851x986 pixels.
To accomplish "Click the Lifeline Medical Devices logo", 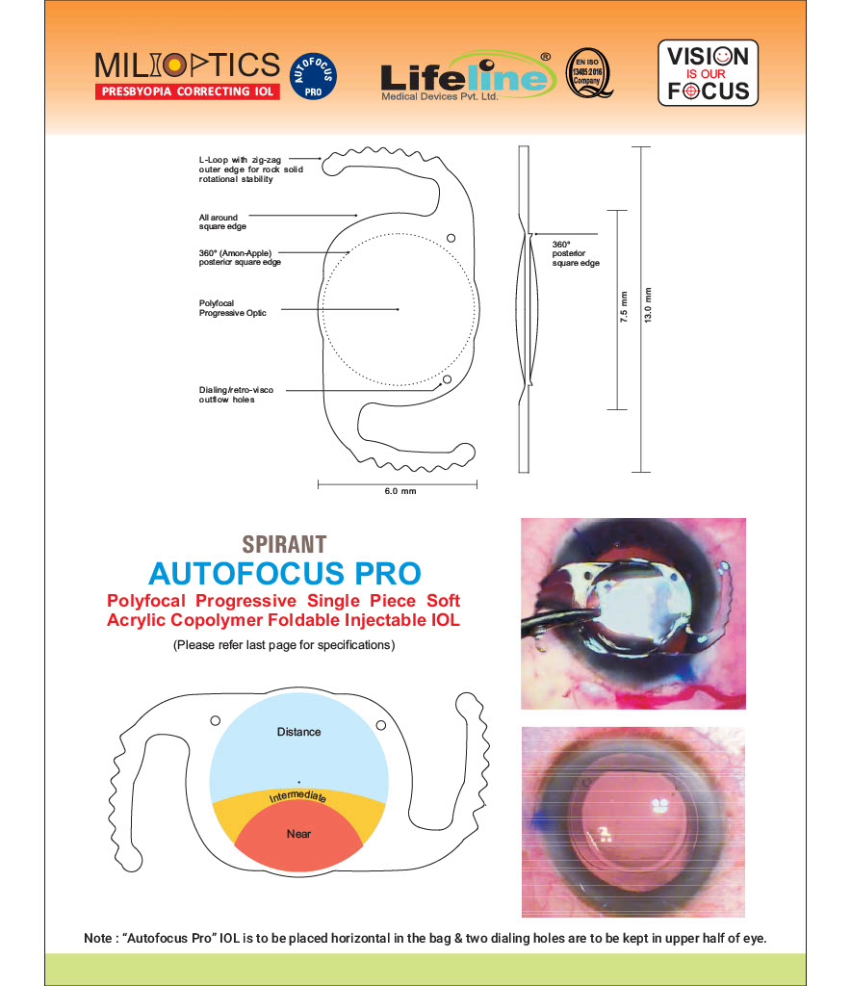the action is (x=468, y=77).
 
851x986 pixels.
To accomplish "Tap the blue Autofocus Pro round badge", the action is (x=313, y=76).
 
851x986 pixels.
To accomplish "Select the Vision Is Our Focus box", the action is (x=708, y=73).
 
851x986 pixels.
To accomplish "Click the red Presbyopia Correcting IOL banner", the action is (x=188, y=91).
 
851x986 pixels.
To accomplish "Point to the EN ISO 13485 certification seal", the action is (x=588, y=73).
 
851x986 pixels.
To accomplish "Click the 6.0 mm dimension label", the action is (x=400, y=491).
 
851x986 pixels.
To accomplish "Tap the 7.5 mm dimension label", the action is (x=624, y=307).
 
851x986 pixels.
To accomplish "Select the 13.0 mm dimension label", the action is (x=647, y=305).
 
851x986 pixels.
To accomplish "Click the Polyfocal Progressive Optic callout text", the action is (x=233, y=308).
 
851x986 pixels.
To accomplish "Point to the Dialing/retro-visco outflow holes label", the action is (x=236, y=395).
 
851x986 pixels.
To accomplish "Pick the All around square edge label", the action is (x=222, y=222).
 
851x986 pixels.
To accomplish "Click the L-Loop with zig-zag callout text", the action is (x=250, y=169).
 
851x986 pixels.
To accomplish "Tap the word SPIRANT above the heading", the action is (x=284, y=545).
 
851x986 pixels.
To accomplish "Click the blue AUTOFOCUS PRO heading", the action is (x=285, y=574).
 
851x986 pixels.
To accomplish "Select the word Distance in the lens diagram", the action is (x=298, y=732).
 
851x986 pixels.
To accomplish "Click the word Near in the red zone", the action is (x=298, y=834).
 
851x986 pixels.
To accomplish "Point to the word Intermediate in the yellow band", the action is (x=297, y=796).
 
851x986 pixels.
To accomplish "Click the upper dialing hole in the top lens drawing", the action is (x=451, y=239).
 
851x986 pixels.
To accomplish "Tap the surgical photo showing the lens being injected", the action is (x=633, y=613).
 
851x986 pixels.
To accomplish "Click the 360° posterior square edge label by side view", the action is (x=576, y=253).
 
